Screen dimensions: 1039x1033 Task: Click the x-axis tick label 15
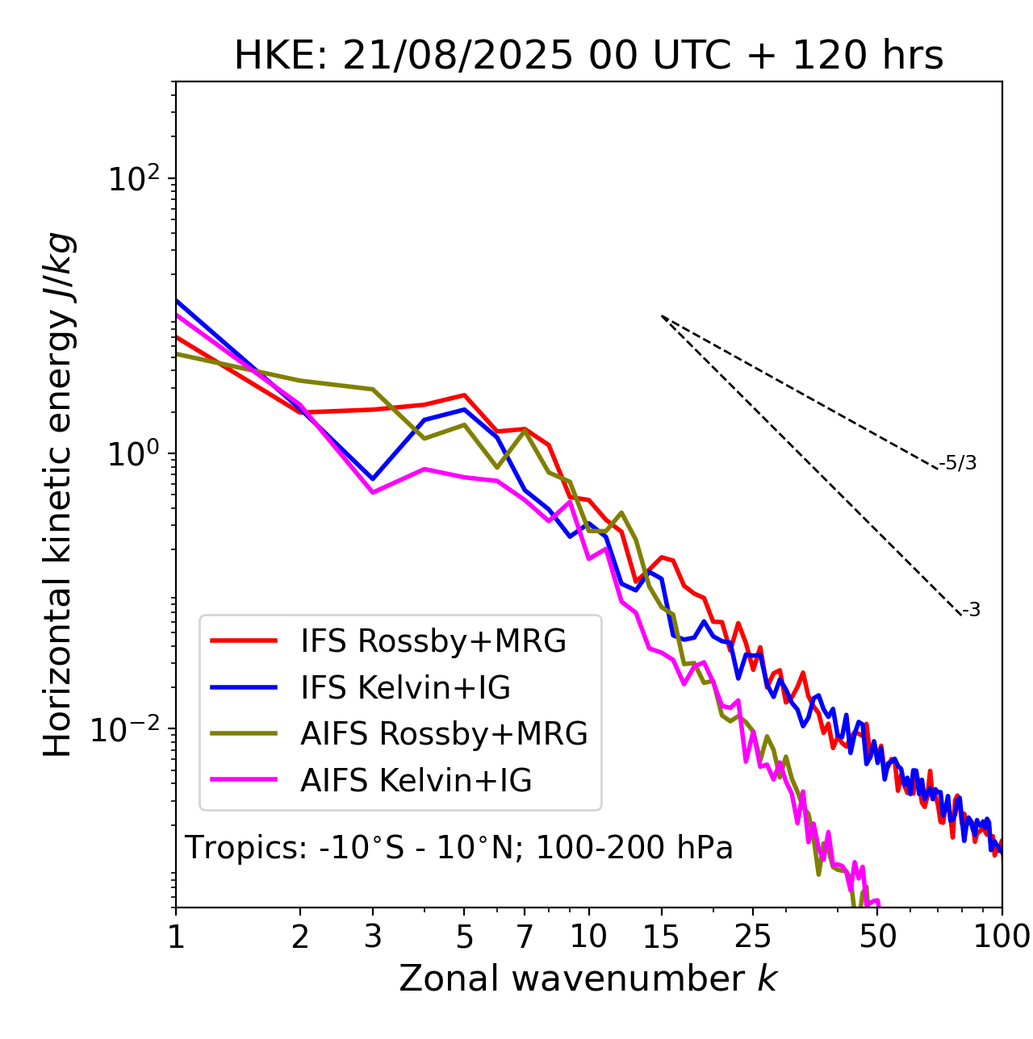pos(662,937)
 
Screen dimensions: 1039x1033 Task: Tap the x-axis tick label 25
pos(752,937)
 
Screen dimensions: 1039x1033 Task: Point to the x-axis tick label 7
pos(525,937)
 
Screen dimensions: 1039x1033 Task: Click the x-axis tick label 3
pos(373,937)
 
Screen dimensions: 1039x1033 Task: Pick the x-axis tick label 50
pos(878,937)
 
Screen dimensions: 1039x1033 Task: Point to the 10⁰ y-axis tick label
pos(133,453)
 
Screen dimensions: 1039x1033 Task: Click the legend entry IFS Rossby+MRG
pos(433,641)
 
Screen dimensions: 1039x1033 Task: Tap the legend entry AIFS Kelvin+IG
pos(416,781)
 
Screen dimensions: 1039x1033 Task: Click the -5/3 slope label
pos(958,464)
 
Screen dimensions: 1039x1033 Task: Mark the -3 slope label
pos(971,611)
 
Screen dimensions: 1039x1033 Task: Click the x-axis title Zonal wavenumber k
pos(588,978)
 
